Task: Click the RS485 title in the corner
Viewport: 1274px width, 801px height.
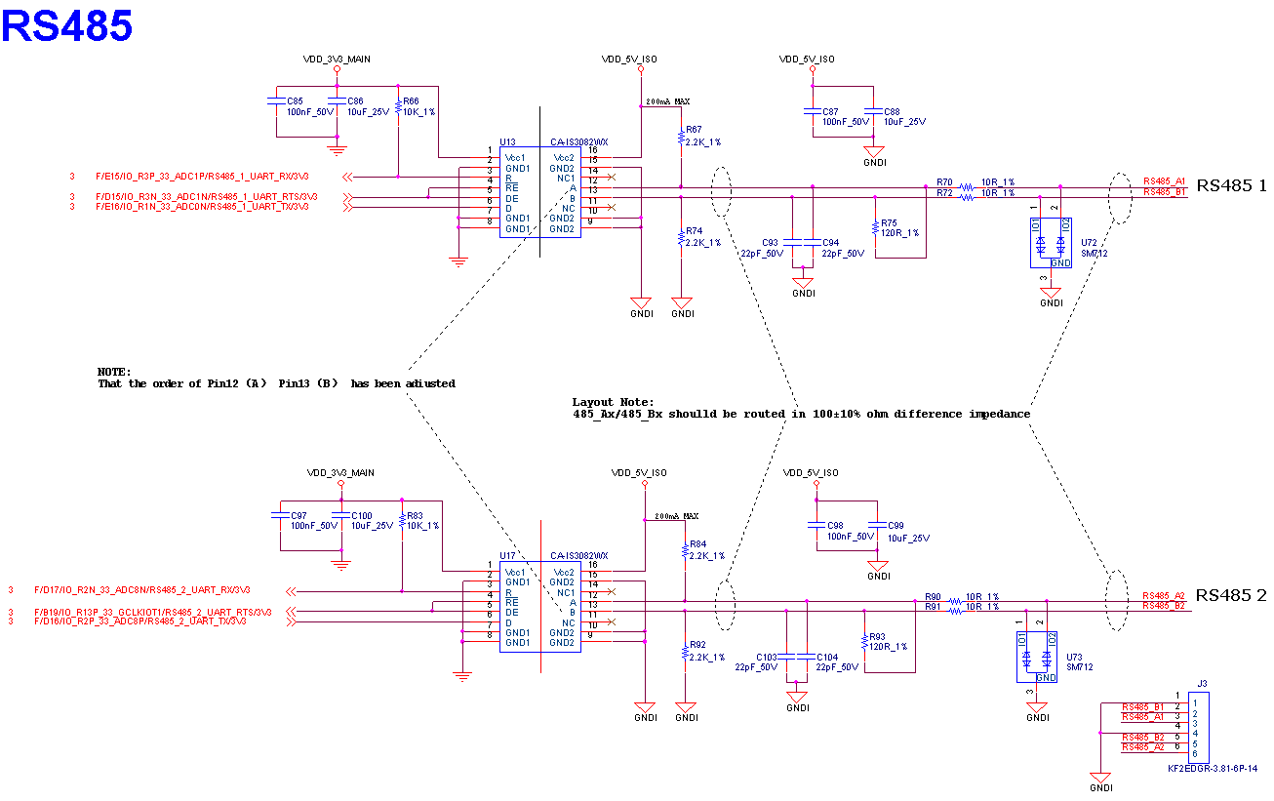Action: pyautogui.click(x=66, y=26)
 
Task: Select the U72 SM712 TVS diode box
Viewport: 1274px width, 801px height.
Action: pyautogui.click(x=1051, y=242)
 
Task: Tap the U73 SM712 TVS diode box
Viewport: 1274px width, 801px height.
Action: pyautogui.click(x=1036, y=657)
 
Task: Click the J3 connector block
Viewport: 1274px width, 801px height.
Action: pyautogui.click(x=1197, y=729)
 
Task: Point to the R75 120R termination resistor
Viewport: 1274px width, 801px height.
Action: pyautogui.click(x=876, y=227)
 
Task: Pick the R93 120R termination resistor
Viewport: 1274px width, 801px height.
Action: pyautogui.click(x=864, y=641)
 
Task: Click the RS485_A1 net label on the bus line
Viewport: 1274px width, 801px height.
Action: pyautogui.click(x=1164, y=181)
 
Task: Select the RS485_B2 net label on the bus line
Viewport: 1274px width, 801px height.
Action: pyautogui.click(x=1163, y=606)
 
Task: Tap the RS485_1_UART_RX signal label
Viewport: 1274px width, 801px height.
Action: pyautogui.click(x=202, y=177)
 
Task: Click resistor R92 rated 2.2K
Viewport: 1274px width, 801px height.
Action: pyautogui.click(x=685, y=651)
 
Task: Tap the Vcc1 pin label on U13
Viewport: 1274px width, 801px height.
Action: pyautogui.click(x=515, y=158)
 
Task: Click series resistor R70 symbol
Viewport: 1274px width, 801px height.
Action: pyautogui.click(x=966, y=186)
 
